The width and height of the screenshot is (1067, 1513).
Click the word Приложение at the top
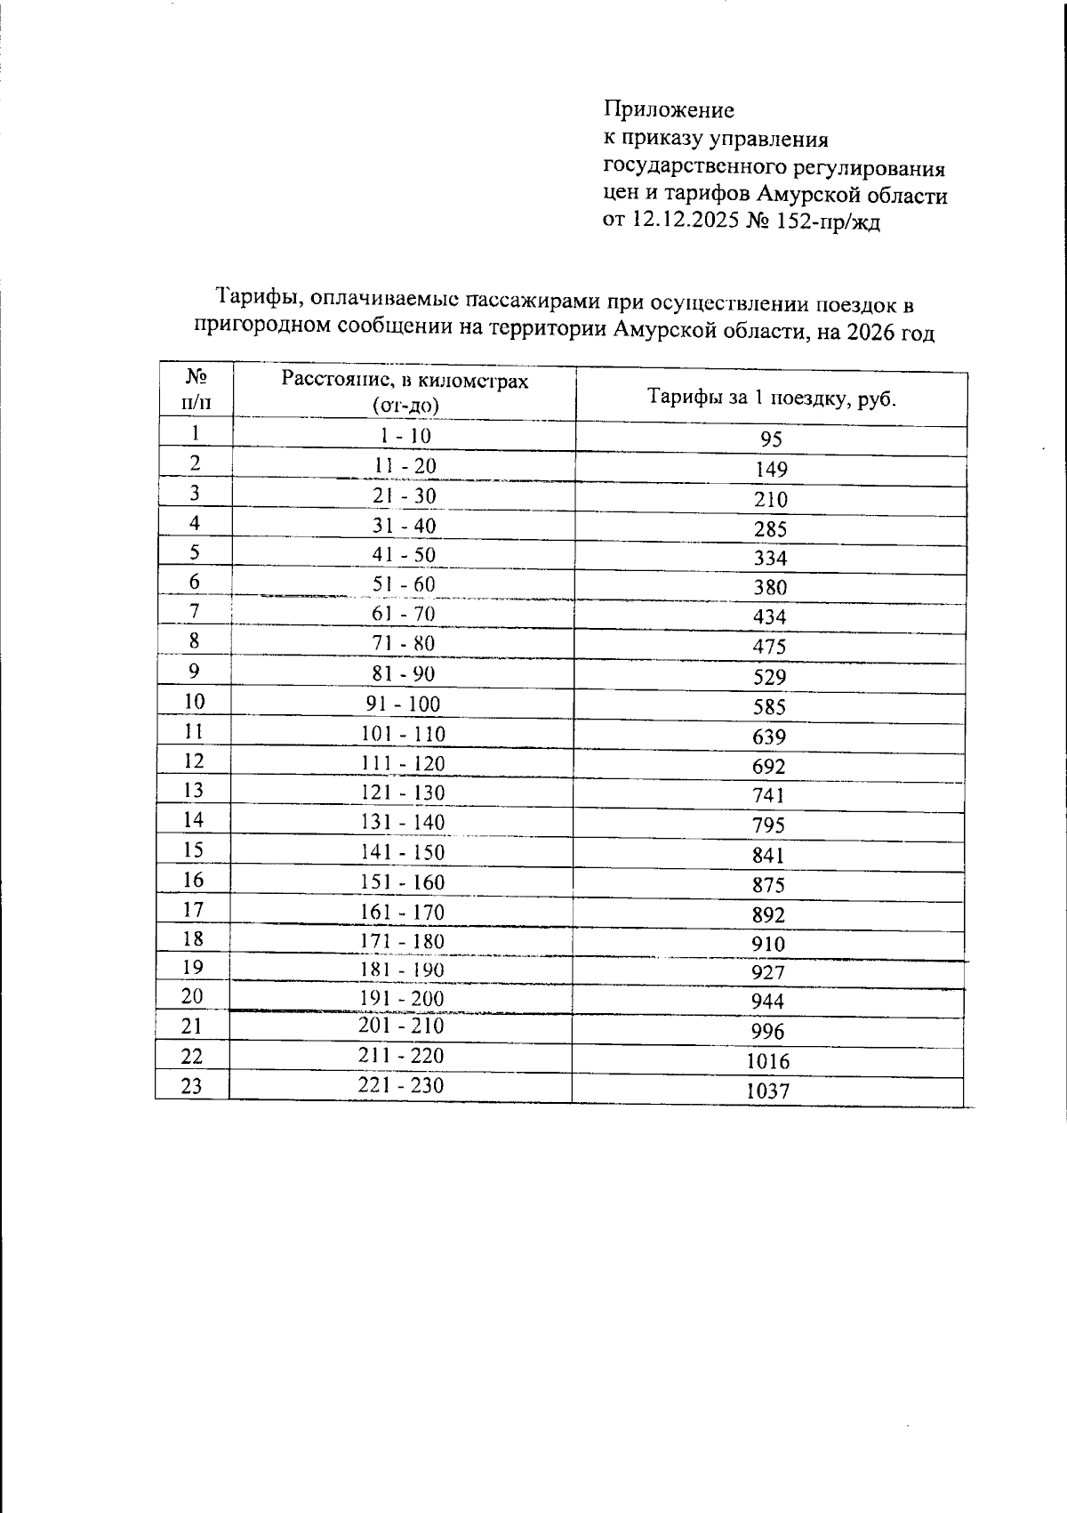(669, 109)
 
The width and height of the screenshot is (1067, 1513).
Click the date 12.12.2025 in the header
(685, 221)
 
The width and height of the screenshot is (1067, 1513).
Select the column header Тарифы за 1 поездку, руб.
(770, 398)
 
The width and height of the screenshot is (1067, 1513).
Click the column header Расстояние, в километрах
(405, 380)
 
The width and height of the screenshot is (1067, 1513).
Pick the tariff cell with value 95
(770, 439)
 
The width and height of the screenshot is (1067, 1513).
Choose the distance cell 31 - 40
(404, 526)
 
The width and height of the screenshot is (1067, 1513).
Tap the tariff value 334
(770, 559)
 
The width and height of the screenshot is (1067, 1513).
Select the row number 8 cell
(194, 641)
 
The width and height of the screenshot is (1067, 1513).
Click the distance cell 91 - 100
(404, 704)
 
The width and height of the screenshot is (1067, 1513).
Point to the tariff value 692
(769, 766)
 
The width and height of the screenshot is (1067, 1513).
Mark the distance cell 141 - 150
(403, 852)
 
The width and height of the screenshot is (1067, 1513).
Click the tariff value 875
(769, 885)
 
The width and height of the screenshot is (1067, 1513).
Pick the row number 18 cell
(193, 939)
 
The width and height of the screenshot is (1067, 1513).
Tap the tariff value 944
(768, 1002)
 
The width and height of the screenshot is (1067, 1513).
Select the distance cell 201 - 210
(401, 1026)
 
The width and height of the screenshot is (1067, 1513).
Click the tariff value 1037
(768, 1091)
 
